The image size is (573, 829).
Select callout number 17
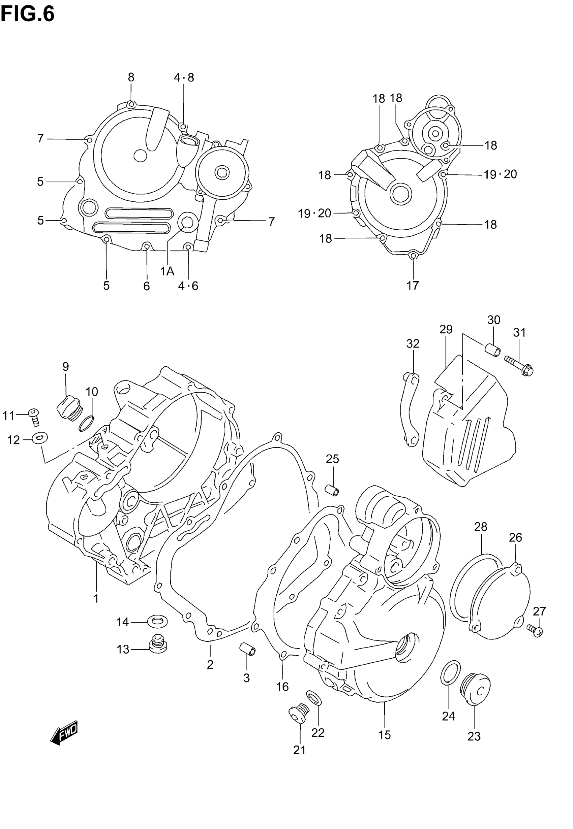tap(413, 286)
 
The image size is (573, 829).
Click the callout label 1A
tap(167, 271)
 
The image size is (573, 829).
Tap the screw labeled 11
tap(34, 417)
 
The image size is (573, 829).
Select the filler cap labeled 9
tap(70, 409)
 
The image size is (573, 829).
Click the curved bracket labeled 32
tap(409, 409)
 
